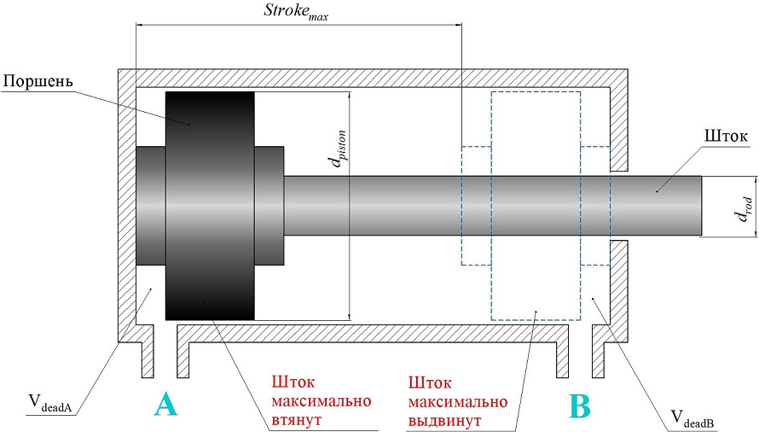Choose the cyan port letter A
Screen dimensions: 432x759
[x=166, y=406]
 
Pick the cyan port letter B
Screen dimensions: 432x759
[x=579, y=406]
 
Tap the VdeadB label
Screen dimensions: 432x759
[x=692, y=417]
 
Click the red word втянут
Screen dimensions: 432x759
[x=296, y=420]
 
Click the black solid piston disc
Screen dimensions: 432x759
[x=211, y=205]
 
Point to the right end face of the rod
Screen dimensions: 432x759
[x=700, y=206]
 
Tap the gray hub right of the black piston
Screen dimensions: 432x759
[x=269, y=205]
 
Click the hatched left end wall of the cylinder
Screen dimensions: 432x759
[x=126, y=205]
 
